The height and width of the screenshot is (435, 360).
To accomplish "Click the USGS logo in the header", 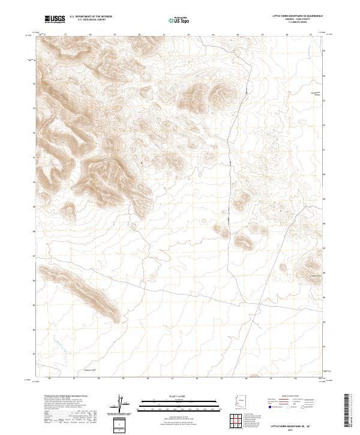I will [55, 19].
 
